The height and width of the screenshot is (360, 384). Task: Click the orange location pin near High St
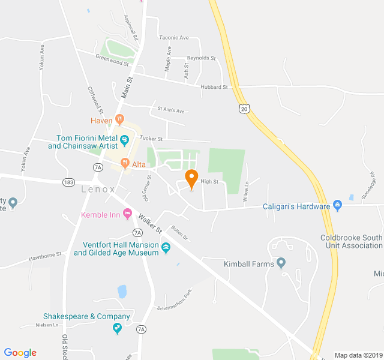[191, 178]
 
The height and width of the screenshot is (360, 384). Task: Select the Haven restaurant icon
[120, 119]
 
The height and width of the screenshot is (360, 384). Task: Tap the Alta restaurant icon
[125, 161]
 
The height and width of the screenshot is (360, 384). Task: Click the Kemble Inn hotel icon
[127, 214]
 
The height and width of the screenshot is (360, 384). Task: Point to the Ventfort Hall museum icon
[166, 247]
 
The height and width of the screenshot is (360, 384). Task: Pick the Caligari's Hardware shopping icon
[337, 206]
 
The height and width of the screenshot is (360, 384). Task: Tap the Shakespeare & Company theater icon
[118, 328]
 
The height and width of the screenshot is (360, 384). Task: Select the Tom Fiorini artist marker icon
[125, 140]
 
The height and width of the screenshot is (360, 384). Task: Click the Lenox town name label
[98, 189]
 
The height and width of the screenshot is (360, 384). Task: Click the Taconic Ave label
[173, 38]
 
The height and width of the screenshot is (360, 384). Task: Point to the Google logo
[20, 353]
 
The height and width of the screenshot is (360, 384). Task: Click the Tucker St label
[151, 139]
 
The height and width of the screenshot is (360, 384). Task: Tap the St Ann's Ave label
[171, 110]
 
